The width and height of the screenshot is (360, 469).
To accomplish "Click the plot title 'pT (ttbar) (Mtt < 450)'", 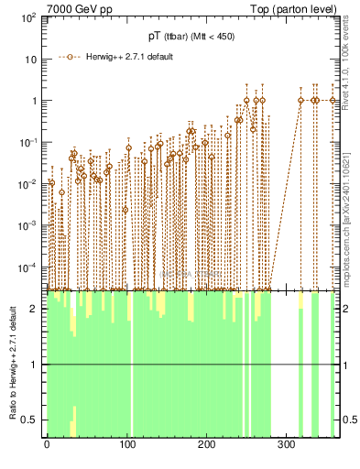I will point(191,36).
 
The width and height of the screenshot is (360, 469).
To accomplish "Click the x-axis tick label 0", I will point(47,444).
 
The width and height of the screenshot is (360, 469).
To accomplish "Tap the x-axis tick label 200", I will point(207,444).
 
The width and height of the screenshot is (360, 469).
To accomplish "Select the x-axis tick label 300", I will point(287,444).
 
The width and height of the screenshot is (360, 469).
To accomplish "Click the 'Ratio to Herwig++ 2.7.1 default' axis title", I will point(12,364).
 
